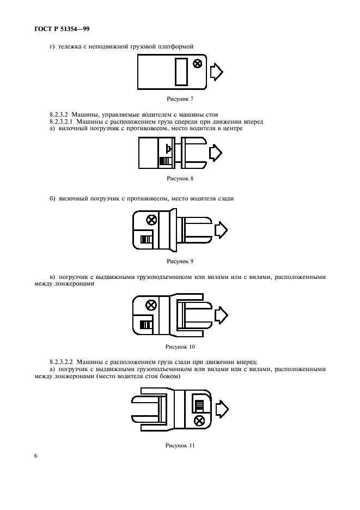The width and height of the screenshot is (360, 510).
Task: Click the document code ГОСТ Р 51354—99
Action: [62, 29]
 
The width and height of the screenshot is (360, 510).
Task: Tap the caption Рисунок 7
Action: [180, 99]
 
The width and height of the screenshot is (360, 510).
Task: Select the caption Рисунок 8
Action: [180, 179]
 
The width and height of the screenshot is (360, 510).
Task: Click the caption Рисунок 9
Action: [180, 261]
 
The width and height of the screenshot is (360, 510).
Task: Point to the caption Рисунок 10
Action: [180, 347]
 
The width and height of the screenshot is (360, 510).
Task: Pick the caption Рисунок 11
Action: [180, 446]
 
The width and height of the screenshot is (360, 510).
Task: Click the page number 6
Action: [36, 456]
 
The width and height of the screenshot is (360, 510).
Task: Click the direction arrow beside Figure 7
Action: [217, 72]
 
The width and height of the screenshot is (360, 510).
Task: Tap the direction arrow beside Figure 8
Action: [216, 153]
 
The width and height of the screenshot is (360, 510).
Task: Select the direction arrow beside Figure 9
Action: [221, 230]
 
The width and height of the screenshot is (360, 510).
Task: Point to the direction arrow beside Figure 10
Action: [222, 315]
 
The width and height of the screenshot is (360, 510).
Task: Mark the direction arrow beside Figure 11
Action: [222, 409]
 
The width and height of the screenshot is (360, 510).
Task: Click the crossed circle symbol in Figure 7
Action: [197, 63]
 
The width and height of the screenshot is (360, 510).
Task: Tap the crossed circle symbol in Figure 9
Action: [151, 220]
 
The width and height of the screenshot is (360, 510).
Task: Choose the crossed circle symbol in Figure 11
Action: [199, 421]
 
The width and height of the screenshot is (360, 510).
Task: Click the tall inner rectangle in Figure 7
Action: [181, 72]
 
